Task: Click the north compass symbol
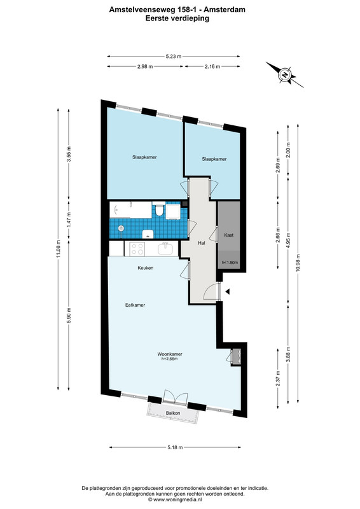point(285,74)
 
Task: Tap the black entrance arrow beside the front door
point(228,291)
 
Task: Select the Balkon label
point(173,413)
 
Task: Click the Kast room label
point(229,235)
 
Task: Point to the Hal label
point(201,243)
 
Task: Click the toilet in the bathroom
point(159,209)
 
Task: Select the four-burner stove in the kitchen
point(137,249)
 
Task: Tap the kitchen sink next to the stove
point(166,249)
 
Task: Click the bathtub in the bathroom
point(130,210)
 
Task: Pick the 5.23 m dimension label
point(174,56)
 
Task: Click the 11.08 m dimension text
point(59,249)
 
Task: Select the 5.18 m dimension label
point(175,447)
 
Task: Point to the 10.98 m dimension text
point(298,263)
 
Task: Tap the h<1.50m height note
point(230,262)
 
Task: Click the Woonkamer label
point(169,354)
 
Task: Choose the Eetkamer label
point(135,305)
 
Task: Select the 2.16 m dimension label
point(212,67)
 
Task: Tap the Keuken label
point(146,268)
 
